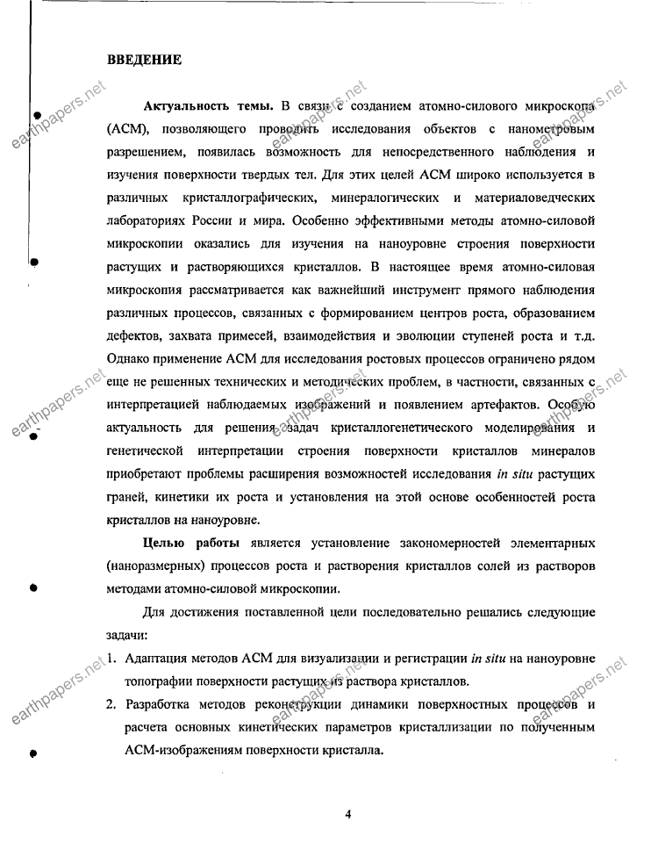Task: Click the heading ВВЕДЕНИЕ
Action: (x=144, y=60)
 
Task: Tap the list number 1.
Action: (x=111, y=659)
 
